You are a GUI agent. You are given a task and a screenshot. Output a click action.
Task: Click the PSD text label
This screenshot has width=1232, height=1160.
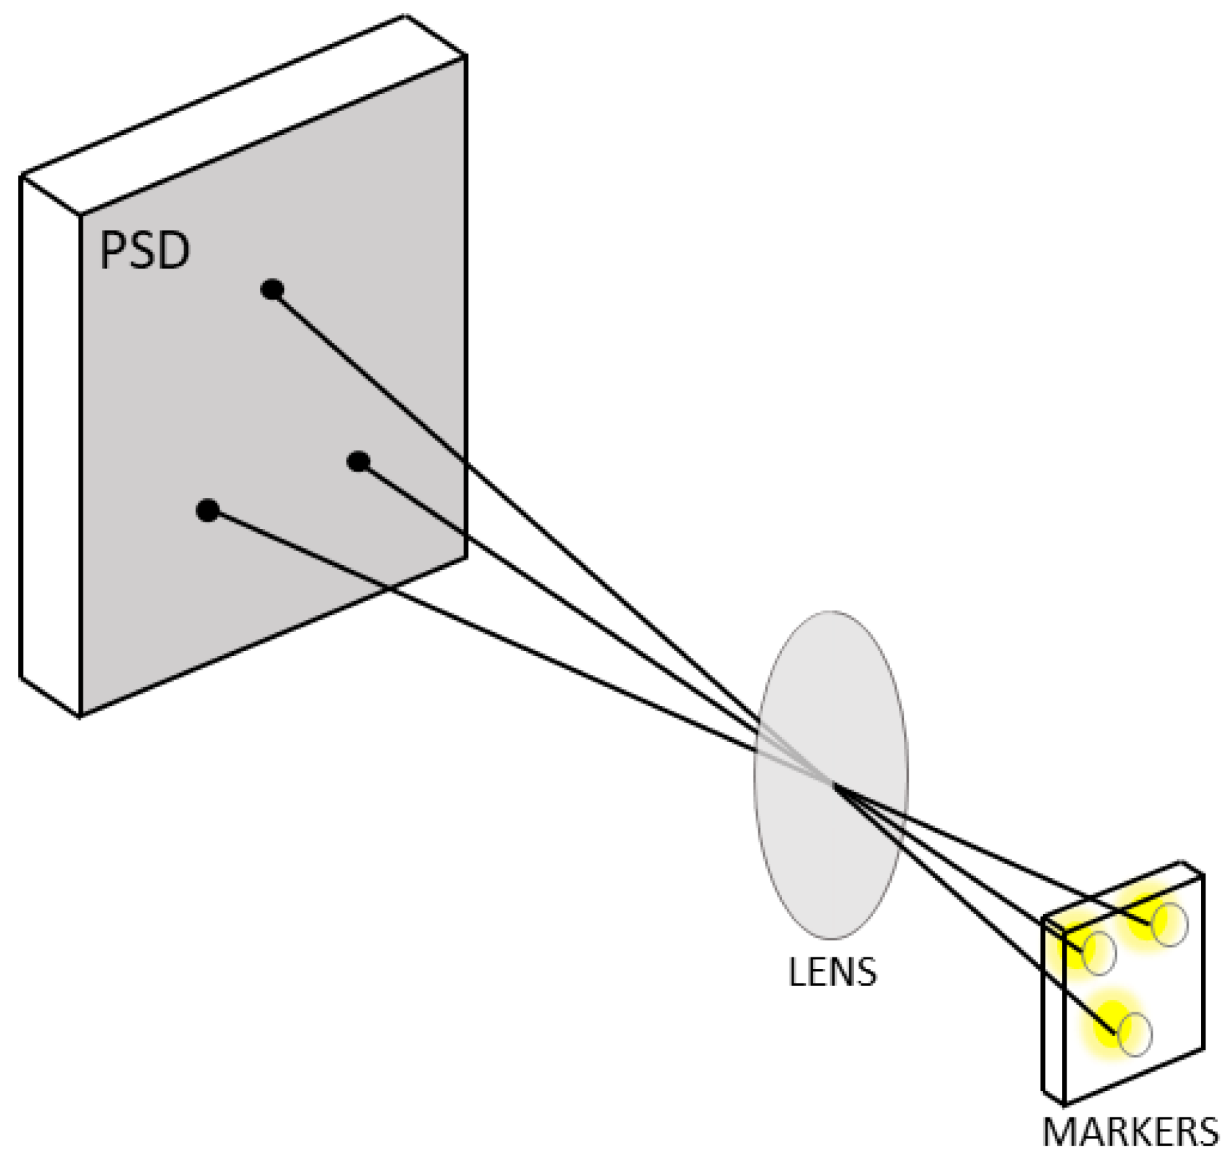[x=144, y=251]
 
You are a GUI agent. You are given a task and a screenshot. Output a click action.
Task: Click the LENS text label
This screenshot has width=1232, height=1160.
[x=832, y=972]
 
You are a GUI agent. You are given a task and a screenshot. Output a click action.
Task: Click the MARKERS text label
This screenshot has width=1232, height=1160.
[x=1130, y=1132]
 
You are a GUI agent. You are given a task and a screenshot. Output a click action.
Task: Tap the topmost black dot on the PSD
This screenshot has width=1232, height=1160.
[x=272, y=289]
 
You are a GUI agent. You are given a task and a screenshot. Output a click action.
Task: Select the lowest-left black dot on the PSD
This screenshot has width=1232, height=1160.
[x=207, y=510]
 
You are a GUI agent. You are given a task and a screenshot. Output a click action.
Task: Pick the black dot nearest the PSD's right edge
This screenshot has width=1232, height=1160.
[x=358, y=461]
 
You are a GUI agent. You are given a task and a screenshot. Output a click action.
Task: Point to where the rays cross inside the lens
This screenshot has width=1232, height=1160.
[x=832, y=784]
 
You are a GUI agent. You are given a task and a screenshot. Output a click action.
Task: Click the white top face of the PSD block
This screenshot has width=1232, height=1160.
[x=244, y=115]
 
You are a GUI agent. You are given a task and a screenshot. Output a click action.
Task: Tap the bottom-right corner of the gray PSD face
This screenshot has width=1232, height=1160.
[x=466, y=557]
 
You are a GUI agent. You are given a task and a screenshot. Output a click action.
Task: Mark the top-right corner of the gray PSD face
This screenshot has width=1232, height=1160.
[x=466, y=57]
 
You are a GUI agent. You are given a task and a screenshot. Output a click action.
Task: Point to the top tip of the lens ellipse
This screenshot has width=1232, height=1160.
[x=831, y=612]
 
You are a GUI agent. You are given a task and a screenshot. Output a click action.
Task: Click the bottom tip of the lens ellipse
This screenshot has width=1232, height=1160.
[x=831, y=938]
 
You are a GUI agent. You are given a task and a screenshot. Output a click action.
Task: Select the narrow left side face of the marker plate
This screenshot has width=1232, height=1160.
[x=1053, y=1016]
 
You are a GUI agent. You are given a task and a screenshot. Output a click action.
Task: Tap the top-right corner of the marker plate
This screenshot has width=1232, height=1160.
[x=1203, y=875]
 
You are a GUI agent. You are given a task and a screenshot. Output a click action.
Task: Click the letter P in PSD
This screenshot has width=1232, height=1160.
[x=114, y=251]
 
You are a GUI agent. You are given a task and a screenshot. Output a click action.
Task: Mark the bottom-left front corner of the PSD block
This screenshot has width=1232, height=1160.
[x=80, y=716]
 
